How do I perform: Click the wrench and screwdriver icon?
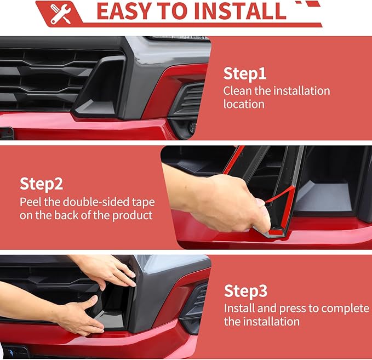[60, 14]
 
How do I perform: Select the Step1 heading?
[244, 73]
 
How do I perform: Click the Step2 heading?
[41, 184]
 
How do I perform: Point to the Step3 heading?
[245, 291]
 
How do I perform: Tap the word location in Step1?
[244, 104]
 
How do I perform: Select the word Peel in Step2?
[30, 202]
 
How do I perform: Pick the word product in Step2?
[132, 215]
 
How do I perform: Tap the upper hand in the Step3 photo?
[107, 271]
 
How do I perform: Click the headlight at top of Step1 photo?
[178, 38]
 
